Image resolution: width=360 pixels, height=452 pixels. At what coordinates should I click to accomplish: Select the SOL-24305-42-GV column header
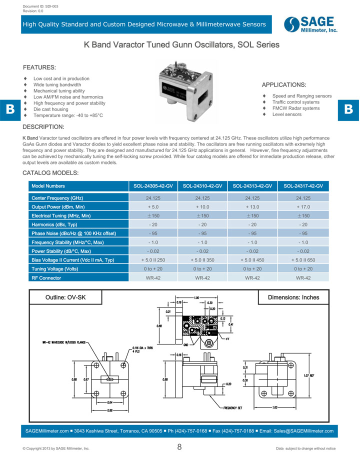pyautogui.click(x=153, y=186)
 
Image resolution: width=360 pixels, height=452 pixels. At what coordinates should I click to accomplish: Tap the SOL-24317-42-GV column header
pyautogui.click(x=303, y=186)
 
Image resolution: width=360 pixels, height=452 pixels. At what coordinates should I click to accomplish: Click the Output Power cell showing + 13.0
pyautogui.click(x=253, y=206)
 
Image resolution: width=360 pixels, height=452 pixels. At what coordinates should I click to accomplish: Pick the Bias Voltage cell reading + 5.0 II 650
pyautogui.click(x=303, y=260)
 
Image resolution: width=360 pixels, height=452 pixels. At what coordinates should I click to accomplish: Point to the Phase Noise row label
pyautogui.click(x=74, y=233)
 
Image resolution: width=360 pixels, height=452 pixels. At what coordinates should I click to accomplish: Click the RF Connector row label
pyautogui.click(x=46, y=278)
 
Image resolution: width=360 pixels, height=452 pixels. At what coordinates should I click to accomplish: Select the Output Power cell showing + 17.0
pyautogui.click(x=303, y=206)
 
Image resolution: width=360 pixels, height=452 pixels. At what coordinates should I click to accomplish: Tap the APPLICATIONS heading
pyautogui.click(x=284, y=84)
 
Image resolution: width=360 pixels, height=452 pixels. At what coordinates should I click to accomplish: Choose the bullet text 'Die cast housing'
pyautogui.click(x=51, y=109)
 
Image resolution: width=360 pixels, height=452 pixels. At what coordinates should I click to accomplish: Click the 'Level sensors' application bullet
pyautogui.click(x=287, y=114)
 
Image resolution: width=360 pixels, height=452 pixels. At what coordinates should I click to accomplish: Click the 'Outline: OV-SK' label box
pyautogui.click(x=65, y=297)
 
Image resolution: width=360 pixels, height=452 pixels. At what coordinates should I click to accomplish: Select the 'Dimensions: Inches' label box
pyautogui.click(x=293, y=297)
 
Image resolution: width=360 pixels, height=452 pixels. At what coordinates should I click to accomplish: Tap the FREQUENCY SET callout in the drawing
pyautogui.click(x=233, y=408)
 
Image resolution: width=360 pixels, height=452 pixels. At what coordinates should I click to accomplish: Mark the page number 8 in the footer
pyautogui.click(x=179, y=447)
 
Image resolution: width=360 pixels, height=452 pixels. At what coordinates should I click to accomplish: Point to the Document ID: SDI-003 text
pyautogui.click(x=40, y=6)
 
